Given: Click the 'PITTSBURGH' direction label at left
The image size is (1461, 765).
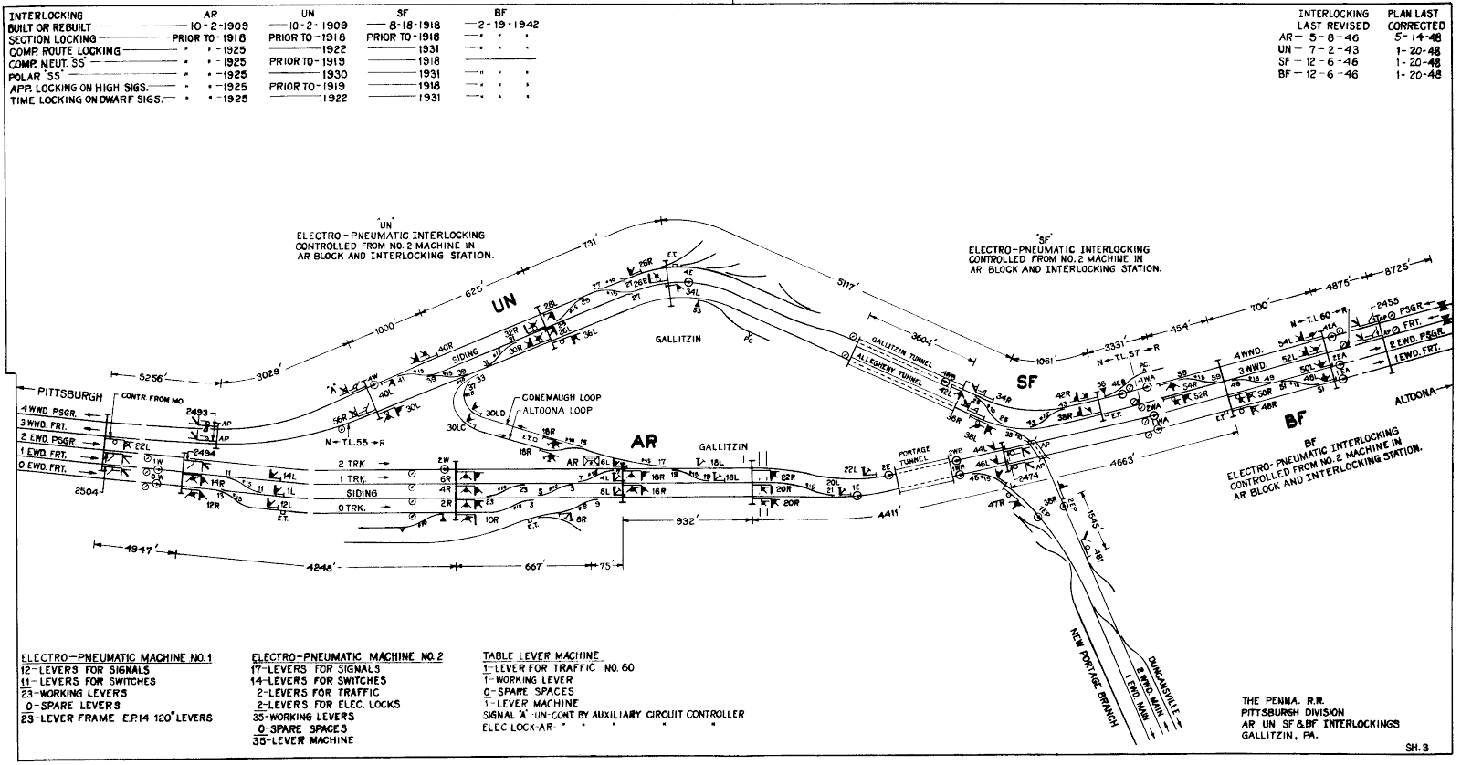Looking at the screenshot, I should pyautogui.click(x=58, y=388).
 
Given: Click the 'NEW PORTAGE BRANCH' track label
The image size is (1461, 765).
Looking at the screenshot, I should pyautogui.click(x=1093, y=675).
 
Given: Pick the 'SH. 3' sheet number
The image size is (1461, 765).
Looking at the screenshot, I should pyautogui.click(x=1416, y=747).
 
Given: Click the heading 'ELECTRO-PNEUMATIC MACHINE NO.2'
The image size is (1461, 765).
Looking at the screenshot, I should pyautogui.click(x=347, y=656).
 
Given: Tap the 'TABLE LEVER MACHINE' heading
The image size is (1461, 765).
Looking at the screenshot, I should pyautogui.click(x=541, y=655).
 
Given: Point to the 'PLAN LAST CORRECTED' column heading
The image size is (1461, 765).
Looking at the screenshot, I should pyautogui.click(x=1416, y=20).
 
